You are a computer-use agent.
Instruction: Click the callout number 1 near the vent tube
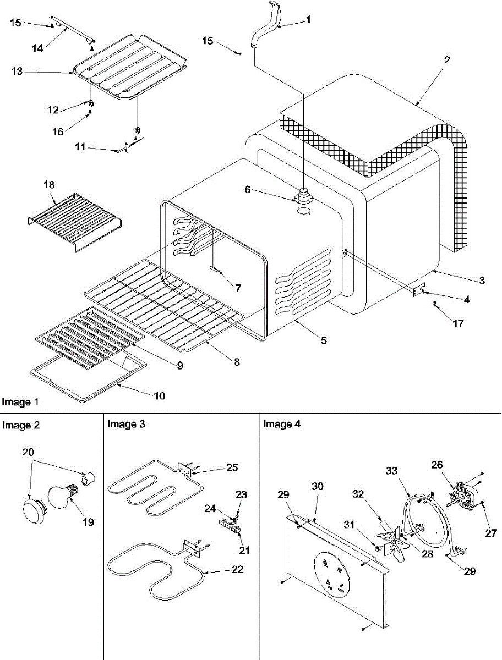[308, 20]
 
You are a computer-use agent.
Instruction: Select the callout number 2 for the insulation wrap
[447, 60]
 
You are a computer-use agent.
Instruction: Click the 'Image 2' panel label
[21, 425]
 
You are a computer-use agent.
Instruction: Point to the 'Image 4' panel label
[282, 424]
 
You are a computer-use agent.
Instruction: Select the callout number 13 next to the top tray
[18, 71]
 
